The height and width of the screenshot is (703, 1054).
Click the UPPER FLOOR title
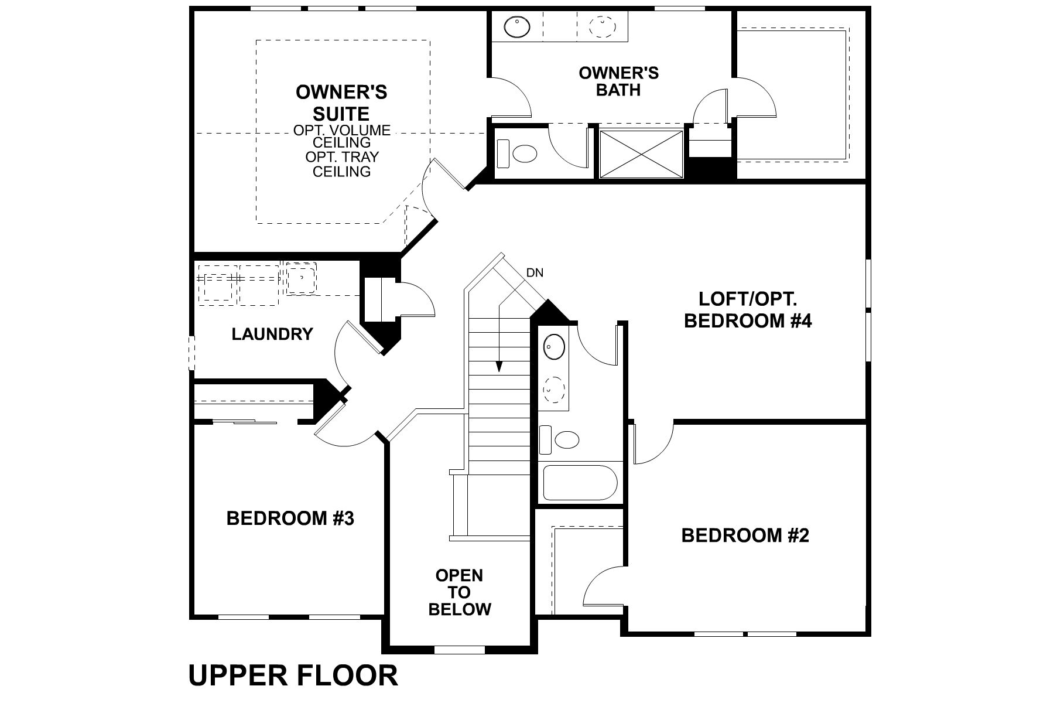(x=293, y=675)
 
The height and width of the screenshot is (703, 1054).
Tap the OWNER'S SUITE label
(x=341, y=103)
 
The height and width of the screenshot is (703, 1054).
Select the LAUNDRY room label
(x=272, y=335)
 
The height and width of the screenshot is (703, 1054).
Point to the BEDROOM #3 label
(x=290, y=518)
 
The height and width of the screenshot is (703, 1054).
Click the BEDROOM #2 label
(x=745, y=535)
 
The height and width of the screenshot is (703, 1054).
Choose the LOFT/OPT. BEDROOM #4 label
(x=748, y=310)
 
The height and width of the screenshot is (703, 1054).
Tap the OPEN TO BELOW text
(x=460, y=592)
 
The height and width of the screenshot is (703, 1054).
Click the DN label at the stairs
(x=535, y=272)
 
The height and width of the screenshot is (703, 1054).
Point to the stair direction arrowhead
(x=499, y=366)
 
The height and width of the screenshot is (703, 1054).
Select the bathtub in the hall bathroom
(x=580, y=483)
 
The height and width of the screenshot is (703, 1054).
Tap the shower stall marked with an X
(x=641, y=153)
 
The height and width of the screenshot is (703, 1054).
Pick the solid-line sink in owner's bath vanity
(x=517, y=26)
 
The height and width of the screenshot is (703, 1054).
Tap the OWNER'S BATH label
(x=618, y=81)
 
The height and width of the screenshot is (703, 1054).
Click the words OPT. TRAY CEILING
(x=341, y=165)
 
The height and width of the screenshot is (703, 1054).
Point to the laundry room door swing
(x=345, y=351)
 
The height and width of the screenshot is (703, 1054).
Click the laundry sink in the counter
(x=302, y=278)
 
